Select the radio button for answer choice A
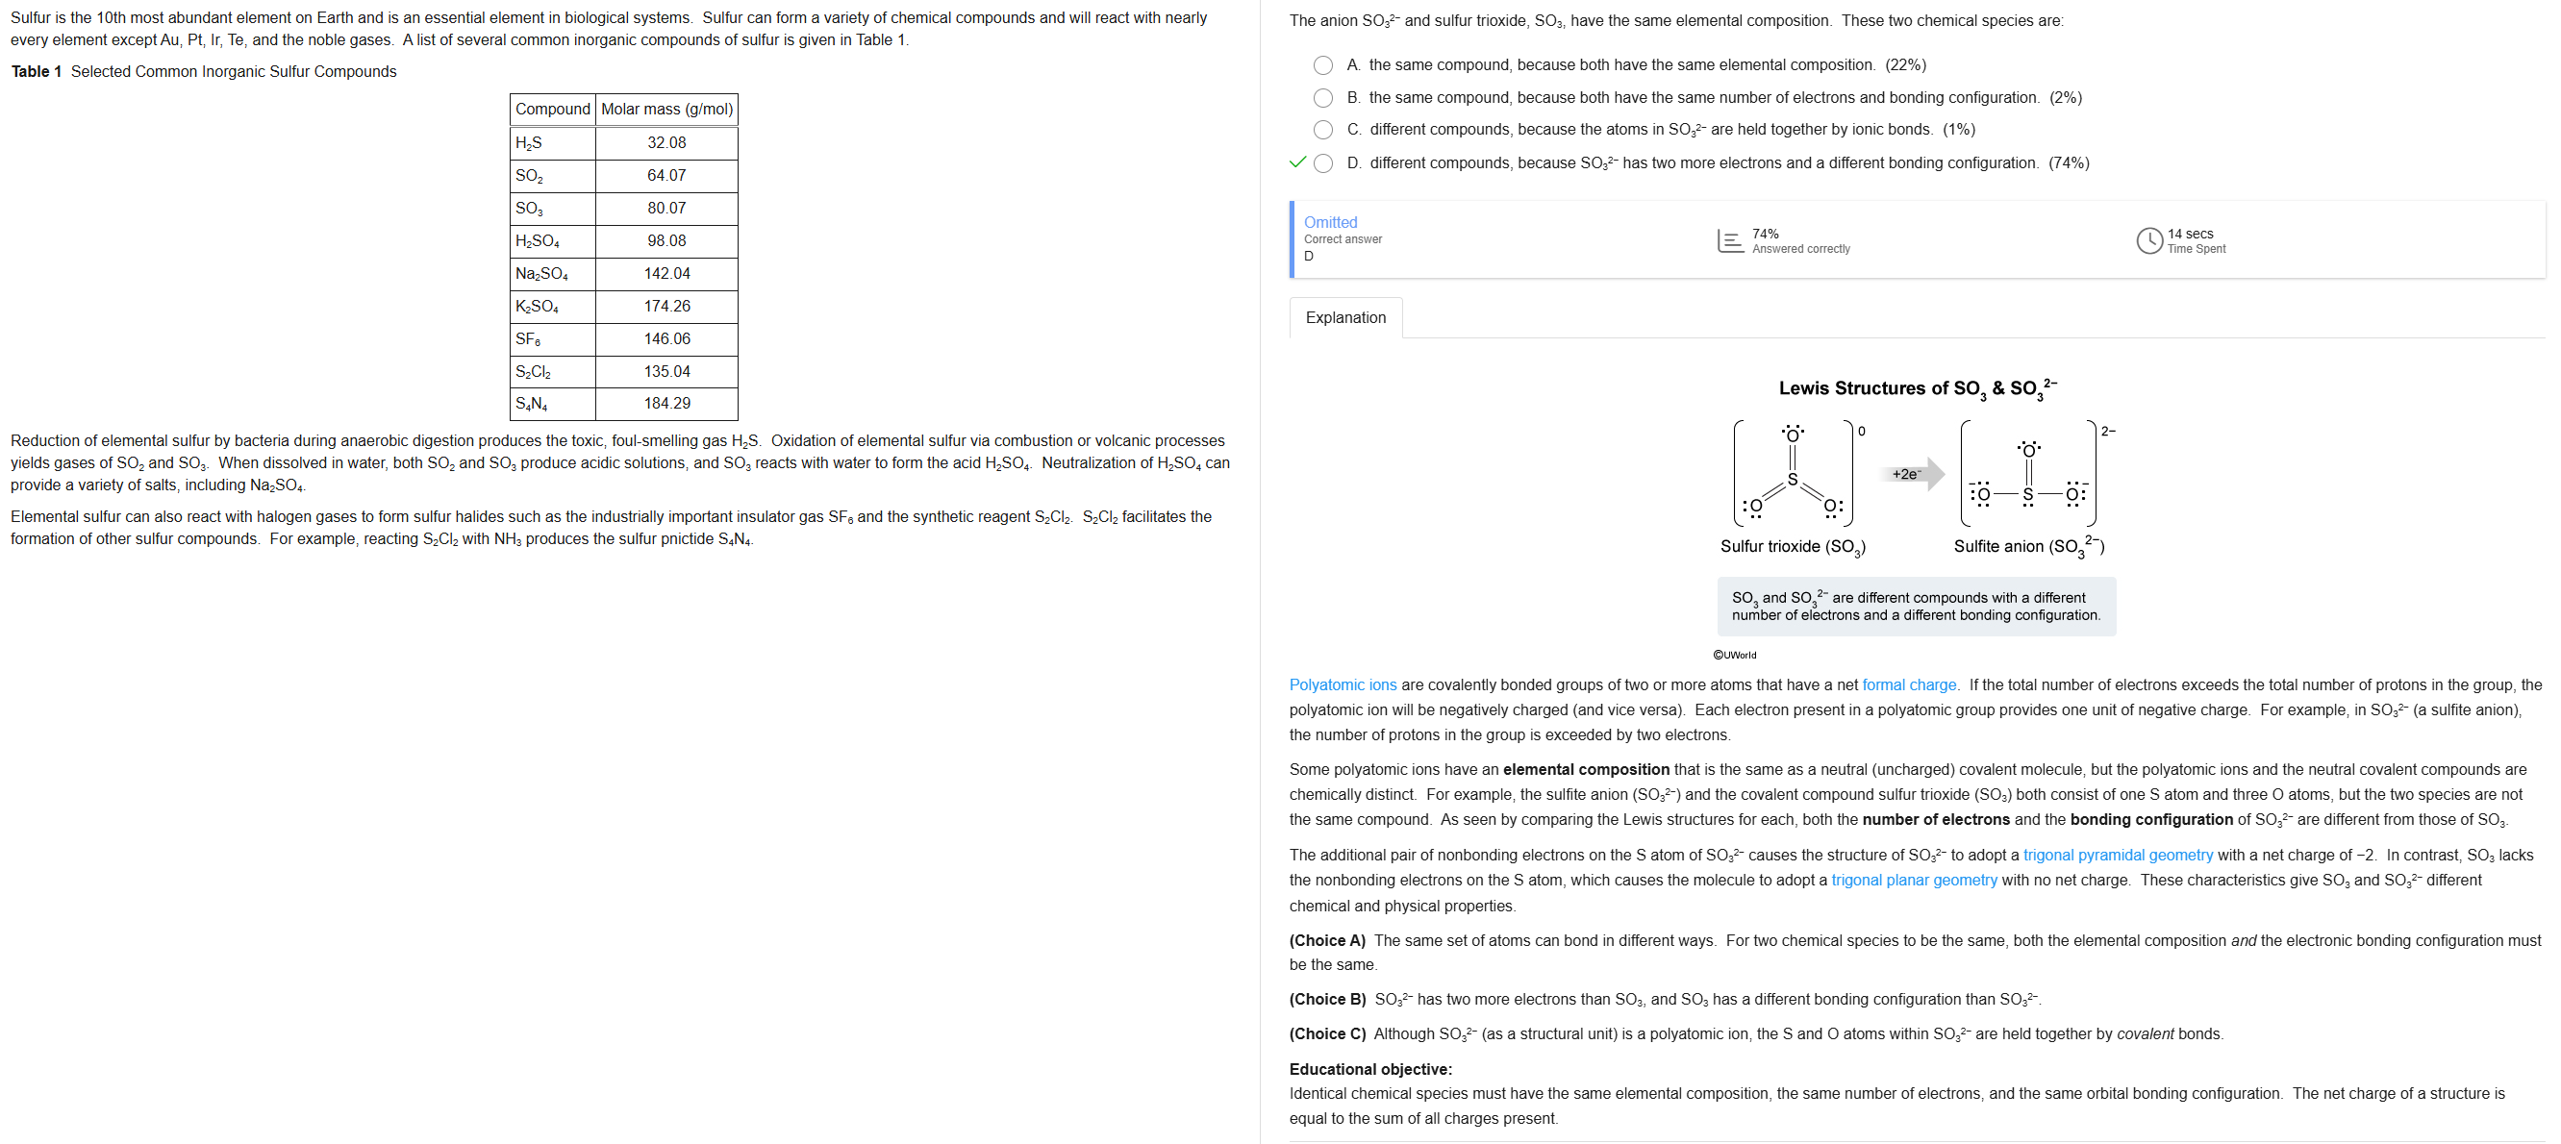(x=1323, y=65)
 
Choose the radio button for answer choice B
(x=1323, y=98)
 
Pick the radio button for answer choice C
(x=1323, y=130)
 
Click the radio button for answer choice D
(x=1323, y=164)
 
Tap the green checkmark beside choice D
(x=1296, y=162)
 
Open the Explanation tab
(x=1345, y=318)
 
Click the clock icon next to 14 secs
(x=2148, y=240)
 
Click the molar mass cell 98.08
(x=666, y=241)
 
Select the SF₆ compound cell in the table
(x=552, y=339)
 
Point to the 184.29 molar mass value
(x=666, y=404)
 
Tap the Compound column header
(x=553, y=110)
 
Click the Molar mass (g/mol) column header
(x=666, y=110)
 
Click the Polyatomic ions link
(x=1343, y=684)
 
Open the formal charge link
(x=1909, y=684)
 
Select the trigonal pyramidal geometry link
(x=2118, y=855)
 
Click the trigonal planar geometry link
(x=1914, y=881)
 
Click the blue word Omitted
(x=1330, y=223)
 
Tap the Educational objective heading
(x=1370, y=1069)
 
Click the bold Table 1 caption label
(x=37, y=71)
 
